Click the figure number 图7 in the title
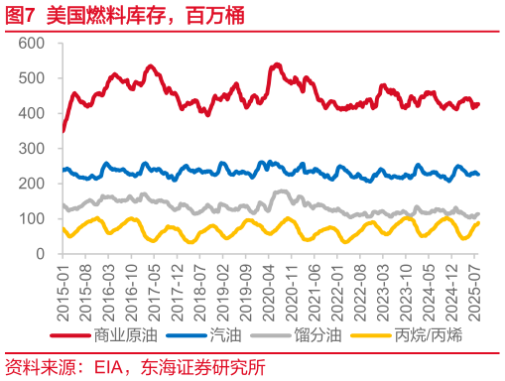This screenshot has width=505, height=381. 20,15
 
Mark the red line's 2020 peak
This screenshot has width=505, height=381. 275,65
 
